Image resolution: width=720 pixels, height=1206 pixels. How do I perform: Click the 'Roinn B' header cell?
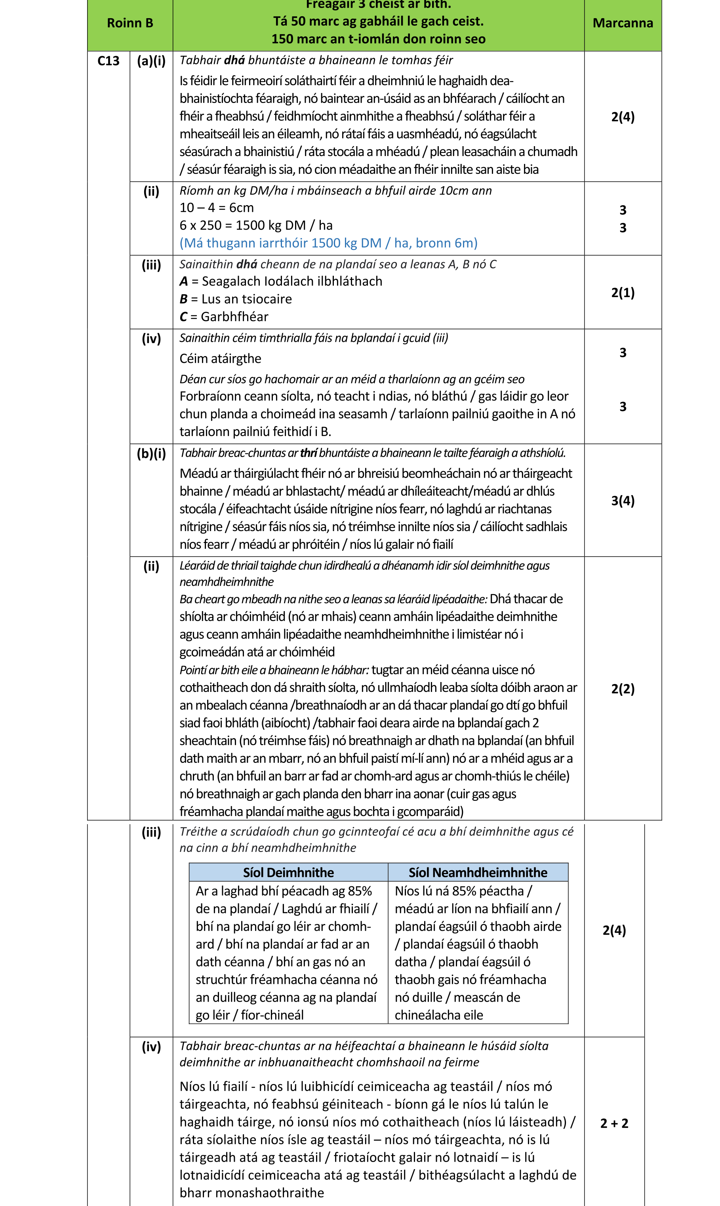coord(130,23)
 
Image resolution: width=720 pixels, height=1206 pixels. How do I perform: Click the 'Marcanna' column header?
coord(623,23)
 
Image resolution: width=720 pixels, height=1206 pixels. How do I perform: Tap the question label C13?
coord(108,61)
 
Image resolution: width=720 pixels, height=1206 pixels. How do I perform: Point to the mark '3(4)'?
coord(623,500)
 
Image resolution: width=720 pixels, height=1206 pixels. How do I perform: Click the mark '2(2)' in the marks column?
coord(623,688)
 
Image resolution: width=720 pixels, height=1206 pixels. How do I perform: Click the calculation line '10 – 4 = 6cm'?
coord(216,208)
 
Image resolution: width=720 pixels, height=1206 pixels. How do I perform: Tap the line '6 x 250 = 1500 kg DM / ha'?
coord(256,225)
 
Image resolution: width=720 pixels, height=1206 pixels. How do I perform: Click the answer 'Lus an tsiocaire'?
coord(246,299)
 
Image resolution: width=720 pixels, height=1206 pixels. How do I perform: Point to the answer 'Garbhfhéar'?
coord(234,316)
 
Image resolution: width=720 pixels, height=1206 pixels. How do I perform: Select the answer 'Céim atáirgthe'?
coord(220,358)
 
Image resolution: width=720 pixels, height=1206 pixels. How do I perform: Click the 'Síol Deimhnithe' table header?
coord(288,872)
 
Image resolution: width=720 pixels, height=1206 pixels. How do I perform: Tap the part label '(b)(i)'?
coord(151,453)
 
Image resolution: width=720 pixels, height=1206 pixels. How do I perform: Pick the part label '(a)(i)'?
coord(151,61)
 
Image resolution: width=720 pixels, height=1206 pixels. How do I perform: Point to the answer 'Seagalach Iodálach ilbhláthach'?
coord(291,281)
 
